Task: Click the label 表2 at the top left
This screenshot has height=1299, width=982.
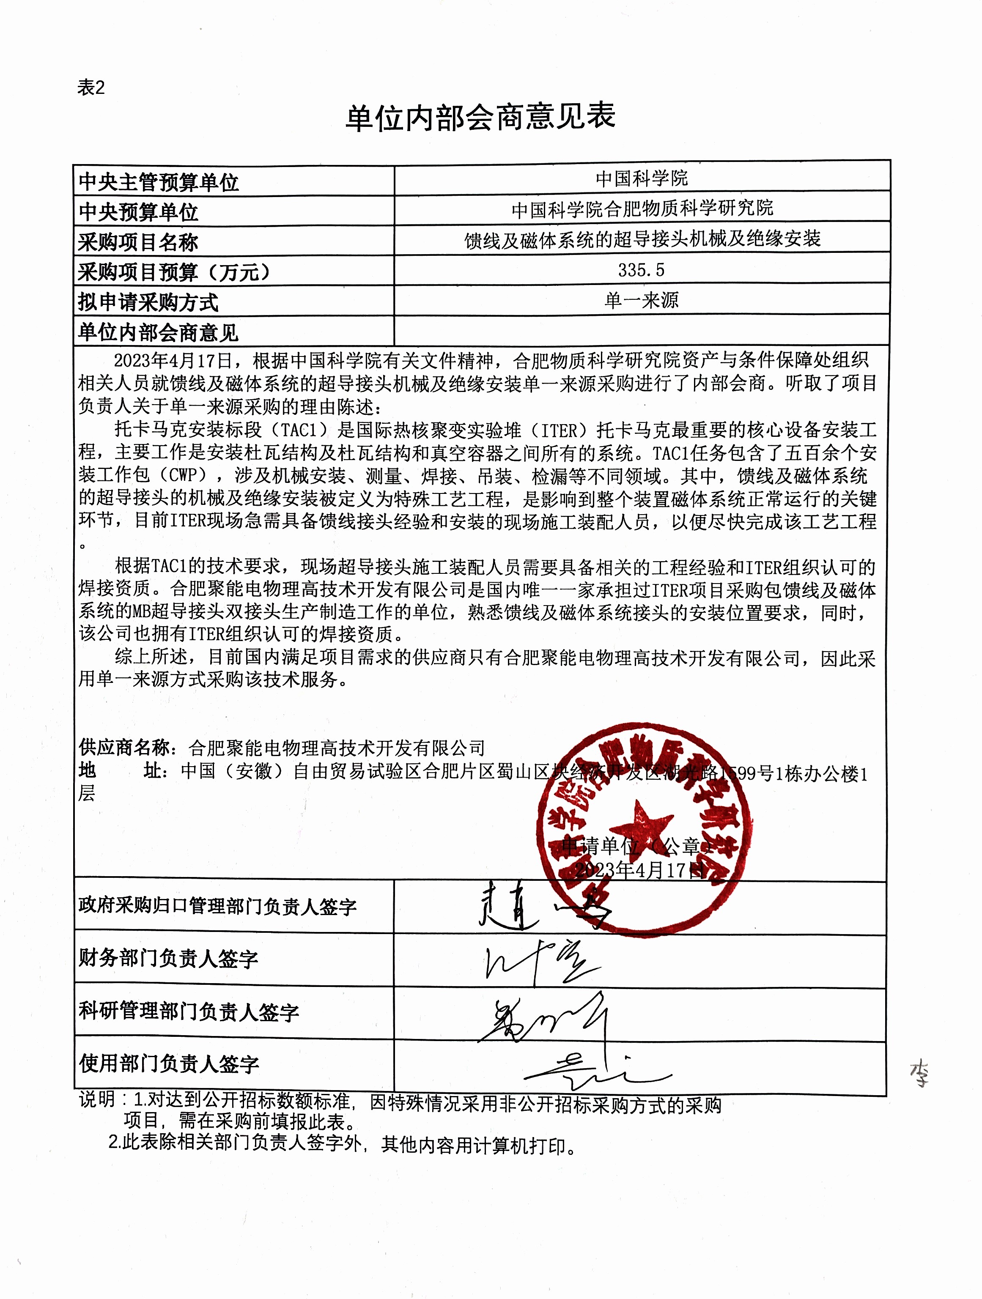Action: click(x=91, y=88)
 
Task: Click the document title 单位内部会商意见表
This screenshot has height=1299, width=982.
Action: click(x=480, y=117)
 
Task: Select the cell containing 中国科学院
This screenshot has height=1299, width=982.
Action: click(x=642, y=178)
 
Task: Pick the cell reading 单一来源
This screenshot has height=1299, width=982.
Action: click(x=642, y=301)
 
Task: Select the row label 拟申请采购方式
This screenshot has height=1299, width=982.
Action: click(x=148, y=302)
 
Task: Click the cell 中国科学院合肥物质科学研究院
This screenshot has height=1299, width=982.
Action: click(x=642, y=208)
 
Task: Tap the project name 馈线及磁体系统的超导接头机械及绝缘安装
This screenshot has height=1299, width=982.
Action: click(x=642, y=239)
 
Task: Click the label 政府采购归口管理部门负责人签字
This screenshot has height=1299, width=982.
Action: click(x=217, y=906)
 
